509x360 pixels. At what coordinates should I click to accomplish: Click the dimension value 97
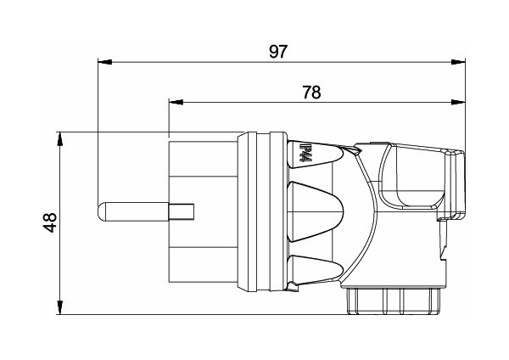pos(277,51)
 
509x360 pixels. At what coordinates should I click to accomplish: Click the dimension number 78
pos(311,92)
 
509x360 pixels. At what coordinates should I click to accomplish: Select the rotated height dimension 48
pos(50,222)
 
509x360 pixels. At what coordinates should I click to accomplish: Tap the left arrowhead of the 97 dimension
pos(103,62)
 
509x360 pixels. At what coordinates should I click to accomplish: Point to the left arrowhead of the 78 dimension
pos(174,102)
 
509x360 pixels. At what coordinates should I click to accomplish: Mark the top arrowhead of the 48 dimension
pos(59,137)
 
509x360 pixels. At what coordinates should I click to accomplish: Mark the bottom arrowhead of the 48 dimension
pos(59,308)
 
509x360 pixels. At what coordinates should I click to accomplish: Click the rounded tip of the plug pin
pos(103,210)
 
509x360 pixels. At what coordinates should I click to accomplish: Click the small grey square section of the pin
pos(182,210)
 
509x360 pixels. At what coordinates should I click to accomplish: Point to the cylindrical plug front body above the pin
pos(204,170)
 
